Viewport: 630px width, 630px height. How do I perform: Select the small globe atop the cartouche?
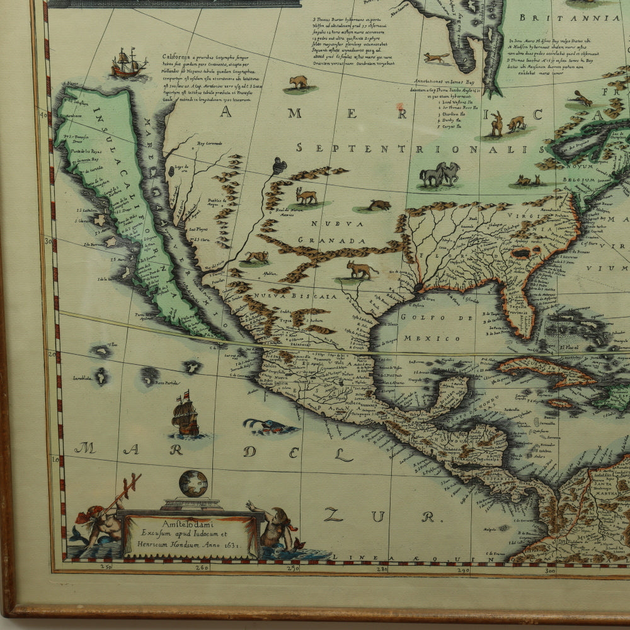[193, 484]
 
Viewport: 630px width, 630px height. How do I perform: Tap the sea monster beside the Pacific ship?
[270, 427]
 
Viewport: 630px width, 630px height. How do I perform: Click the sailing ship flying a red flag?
[185, 415]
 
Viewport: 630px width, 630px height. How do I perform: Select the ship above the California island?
[129, 63]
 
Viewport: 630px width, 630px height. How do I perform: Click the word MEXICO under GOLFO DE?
[442, 338]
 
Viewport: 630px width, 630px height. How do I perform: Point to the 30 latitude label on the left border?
[45, 240]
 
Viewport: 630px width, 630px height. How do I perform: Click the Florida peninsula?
[520, 309]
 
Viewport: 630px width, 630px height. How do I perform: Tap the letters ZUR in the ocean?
[378, 516]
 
